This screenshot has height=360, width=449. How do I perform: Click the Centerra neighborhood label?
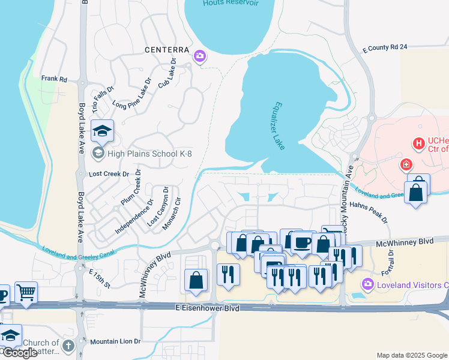click(166, 50)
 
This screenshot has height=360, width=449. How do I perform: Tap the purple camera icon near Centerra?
click(200, 56)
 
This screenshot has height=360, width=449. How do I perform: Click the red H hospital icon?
click(418, 144)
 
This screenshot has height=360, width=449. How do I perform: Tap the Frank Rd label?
click(54, 79)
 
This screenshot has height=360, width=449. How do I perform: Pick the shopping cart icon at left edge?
click(26, 292)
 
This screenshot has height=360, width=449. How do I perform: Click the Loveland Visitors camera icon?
click(367, 284)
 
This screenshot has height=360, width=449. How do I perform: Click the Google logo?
click(19, 353)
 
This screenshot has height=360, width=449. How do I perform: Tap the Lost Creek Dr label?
click(109, 174)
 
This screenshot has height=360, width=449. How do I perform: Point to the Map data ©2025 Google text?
click(411, 355)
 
